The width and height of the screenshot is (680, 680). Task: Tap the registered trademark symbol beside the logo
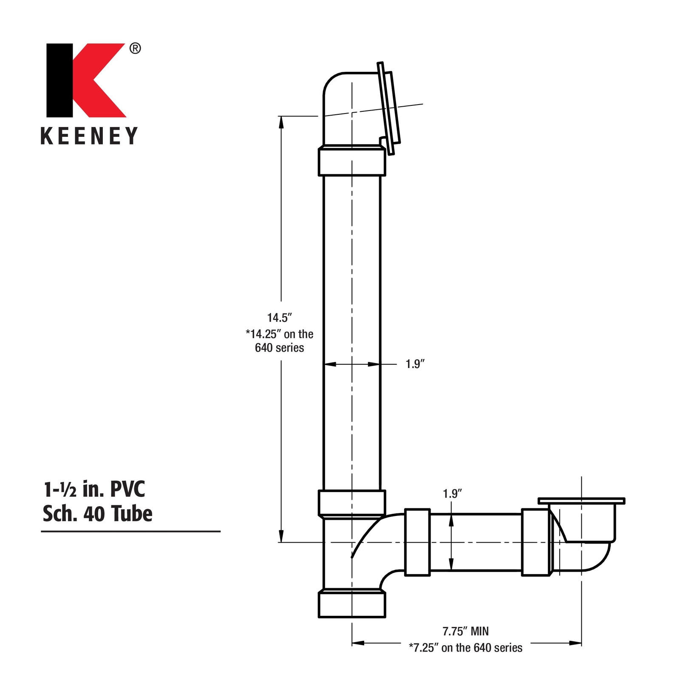click(x=135, y=48)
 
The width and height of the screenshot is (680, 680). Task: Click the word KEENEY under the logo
click(x=89, y=136)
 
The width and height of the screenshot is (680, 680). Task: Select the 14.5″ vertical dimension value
click(x=280, y=317)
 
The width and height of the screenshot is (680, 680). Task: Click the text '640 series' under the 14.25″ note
click(x=279, y=348)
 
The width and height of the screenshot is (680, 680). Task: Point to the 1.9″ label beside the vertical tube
click(x=415, y=364)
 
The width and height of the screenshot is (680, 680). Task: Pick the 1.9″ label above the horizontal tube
click(x=452, y=493)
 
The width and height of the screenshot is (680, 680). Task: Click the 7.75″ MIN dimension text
click(x=466, y=631)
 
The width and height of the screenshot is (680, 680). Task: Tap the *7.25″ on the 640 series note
click(x=466, y=648)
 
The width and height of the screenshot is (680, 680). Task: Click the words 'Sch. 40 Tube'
click(x=97, y=513)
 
